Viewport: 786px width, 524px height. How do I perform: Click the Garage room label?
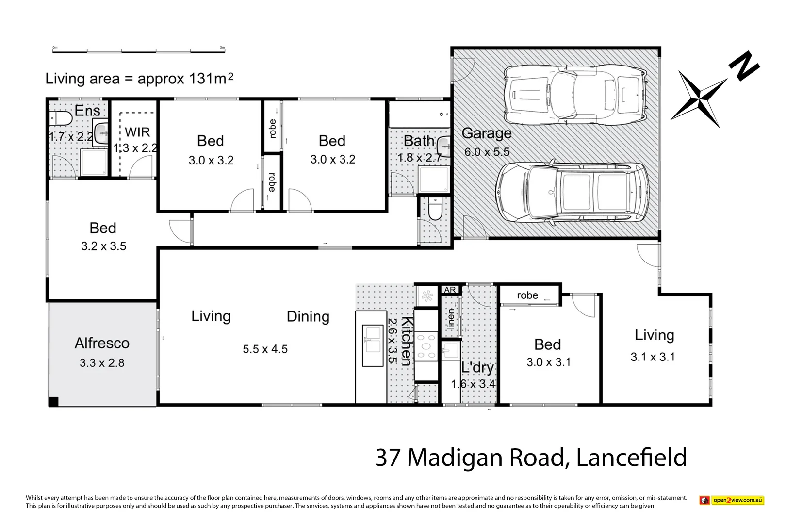coord(486,133)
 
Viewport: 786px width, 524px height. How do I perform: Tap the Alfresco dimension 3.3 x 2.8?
coord(102,363)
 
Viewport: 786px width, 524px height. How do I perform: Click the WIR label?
coord(137,132)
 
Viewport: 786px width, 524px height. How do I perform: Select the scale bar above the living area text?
coord(138,49)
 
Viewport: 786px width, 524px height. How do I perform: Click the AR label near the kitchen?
coord(450,290)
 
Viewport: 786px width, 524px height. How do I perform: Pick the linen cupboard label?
coord(451,319)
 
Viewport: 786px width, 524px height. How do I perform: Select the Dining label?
coord(308,317)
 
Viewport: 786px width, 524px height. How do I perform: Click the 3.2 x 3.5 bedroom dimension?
coord(103,246)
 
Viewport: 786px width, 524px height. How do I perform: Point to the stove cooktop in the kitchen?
coord(426,346)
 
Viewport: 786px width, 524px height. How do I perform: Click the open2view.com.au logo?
coord(731,500)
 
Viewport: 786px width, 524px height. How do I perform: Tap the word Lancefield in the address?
coord(631,458)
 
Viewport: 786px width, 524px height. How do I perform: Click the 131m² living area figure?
coord(210,79)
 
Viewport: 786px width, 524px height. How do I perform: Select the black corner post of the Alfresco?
coord(53,402)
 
